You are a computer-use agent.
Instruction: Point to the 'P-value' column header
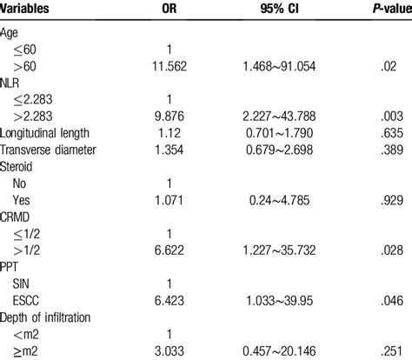[378, 9]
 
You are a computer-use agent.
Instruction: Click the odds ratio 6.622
[171, 265]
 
